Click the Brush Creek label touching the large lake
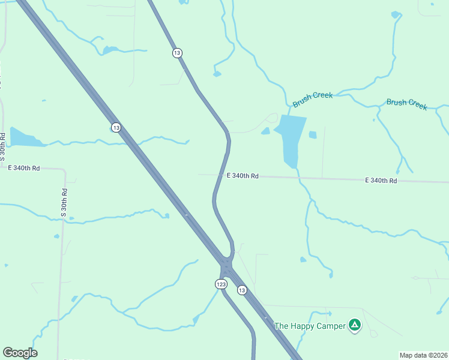coord(312,100)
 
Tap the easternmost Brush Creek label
coord(406,103)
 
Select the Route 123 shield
coord(220,284)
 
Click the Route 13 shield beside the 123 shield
coord(241,290)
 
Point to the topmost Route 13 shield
coord(176,53)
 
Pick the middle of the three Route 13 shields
coord(116,127)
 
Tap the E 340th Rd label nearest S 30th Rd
coord(24,169)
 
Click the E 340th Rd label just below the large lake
coord(243,176)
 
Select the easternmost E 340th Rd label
coord(381,180)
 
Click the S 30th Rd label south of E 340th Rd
coord(64,203)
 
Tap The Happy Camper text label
coord(310,326)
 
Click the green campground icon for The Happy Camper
coord(355,326)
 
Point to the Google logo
coord(20,353)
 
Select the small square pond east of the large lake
coord(313,135)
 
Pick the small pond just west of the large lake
coord(265,131)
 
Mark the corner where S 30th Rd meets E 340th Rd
coord(64,170)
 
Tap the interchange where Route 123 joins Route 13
coord(226,265)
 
